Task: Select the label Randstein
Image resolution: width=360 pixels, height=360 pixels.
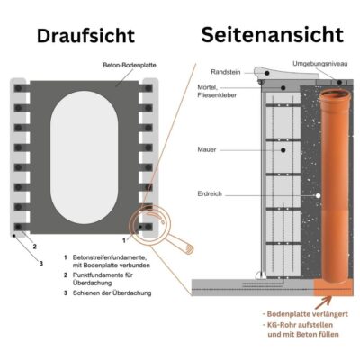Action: (x=225, y=71)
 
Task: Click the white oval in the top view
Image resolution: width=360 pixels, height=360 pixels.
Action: (x=85, y=153)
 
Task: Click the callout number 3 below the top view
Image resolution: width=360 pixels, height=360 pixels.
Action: (x=40, y=264)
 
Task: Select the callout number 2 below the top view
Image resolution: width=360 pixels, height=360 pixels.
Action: (x=34, y=246)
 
